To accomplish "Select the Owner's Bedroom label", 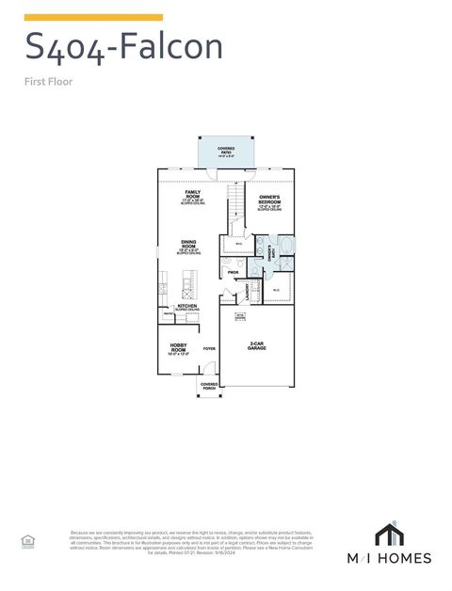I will click(x=271, y=200).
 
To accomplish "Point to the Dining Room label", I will click(x=188, y=247).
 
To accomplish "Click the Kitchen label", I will click(x=187, y=307).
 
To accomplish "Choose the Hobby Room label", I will click(x=179, y=348).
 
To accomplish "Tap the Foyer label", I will click(x=209, y=348).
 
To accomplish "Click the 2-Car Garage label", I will click(x=256, y=345).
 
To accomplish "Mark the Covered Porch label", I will click(x=209, y=386).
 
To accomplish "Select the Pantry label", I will click(x=167, y=313).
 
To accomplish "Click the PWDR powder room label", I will click(x=232, y=272).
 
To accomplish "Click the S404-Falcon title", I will click(x=123, y=45).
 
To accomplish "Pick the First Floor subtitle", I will click(x=48, y=81).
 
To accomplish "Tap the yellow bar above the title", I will click(x=93, y=17).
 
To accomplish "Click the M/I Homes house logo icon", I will click(x=389, y=534).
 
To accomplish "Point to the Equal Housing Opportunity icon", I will click(x=27, y=539).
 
